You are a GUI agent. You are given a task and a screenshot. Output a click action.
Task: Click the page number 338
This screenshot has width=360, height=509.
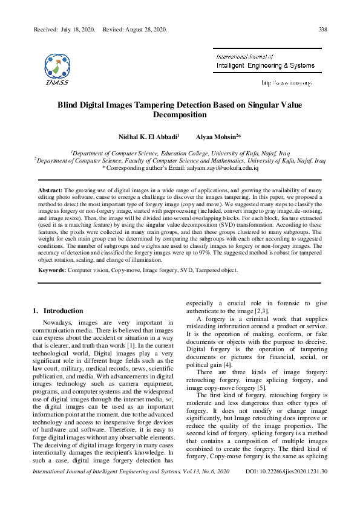323,29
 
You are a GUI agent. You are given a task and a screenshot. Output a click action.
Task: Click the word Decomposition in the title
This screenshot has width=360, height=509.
180,114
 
